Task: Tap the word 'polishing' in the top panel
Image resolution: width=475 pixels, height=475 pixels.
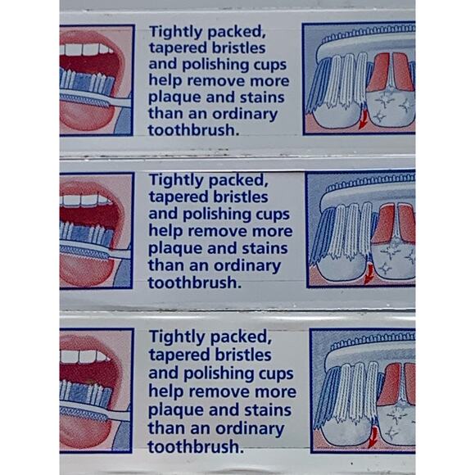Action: (x=212, y=65)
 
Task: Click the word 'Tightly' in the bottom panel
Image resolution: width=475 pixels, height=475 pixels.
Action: (x=176, y=337)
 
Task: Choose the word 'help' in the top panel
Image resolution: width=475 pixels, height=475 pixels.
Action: (x=165, y=81)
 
